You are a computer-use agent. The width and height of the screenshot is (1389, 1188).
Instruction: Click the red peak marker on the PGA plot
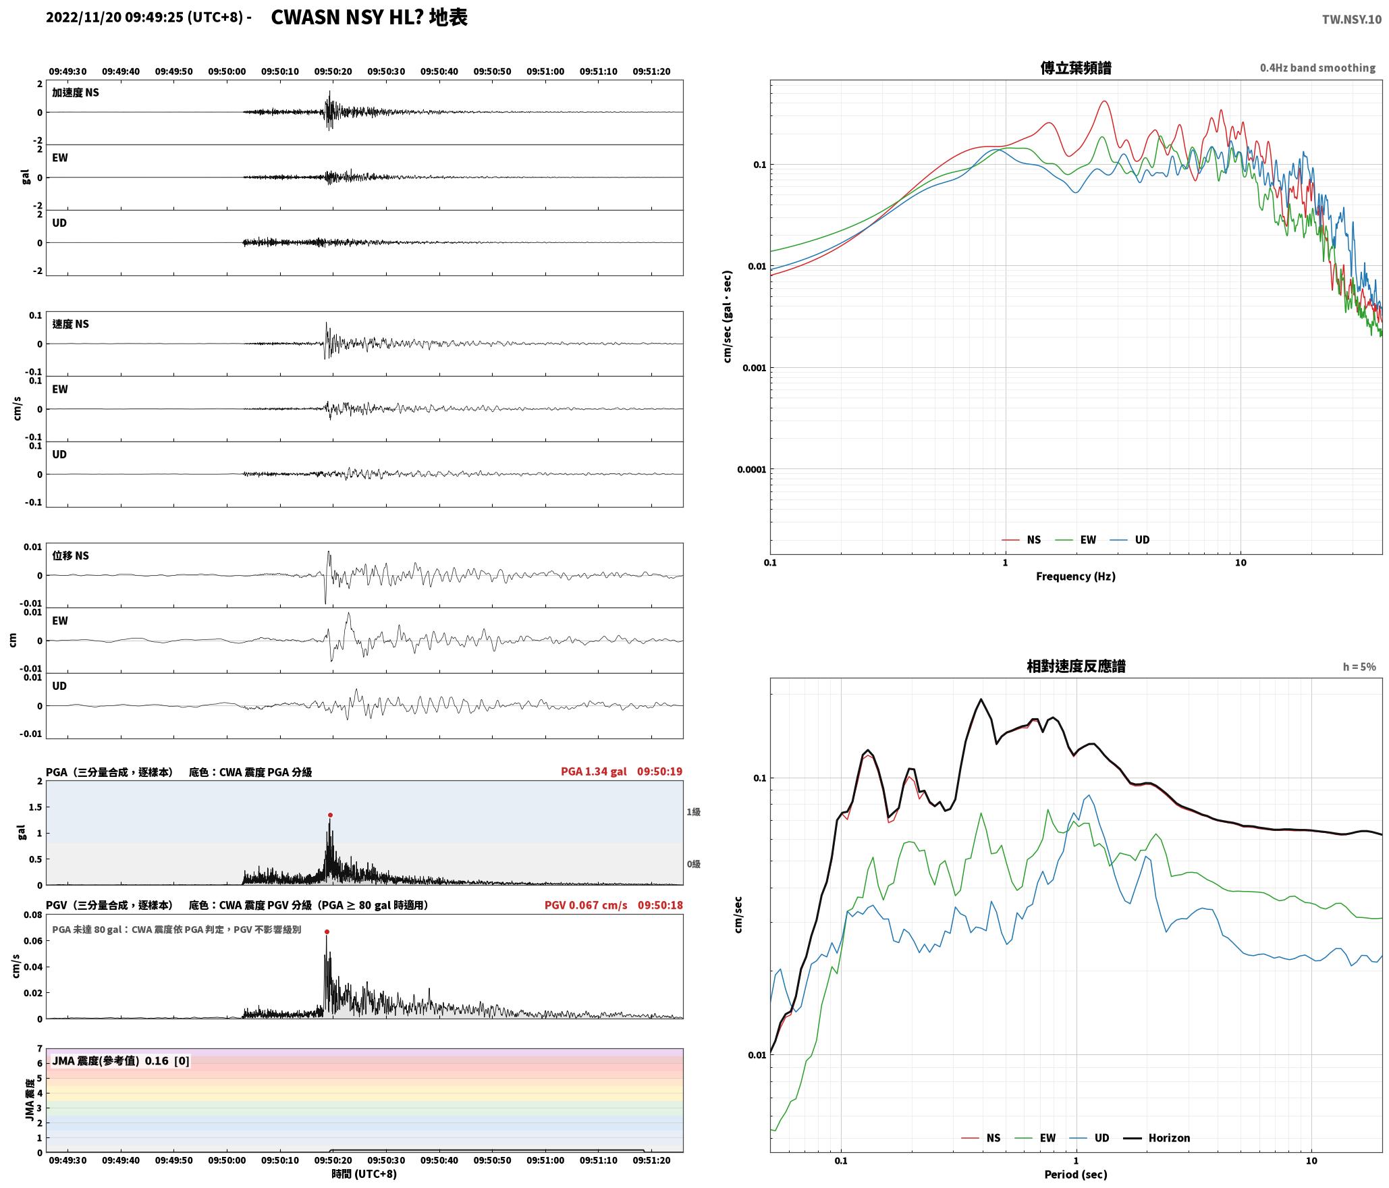(x=330, y=815)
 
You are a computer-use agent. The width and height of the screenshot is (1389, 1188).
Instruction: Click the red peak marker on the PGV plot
(x=327, y=932)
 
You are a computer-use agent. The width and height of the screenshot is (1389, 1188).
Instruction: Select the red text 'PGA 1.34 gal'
(x=594, y=772)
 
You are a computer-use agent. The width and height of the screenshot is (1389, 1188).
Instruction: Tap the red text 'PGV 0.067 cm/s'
(x=586, y=905)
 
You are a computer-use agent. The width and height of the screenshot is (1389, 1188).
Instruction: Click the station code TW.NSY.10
(x=1351, y=20)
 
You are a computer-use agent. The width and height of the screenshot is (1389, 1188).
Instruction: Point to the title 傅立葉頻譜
(x=1076, y=68)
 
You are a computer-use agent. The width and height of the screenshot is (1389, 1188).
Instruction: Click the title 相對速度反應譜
(x=1076, y=666)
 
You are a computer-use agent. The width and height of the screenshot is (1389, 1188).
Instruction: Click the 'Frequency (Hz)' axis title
(x=1076, y=576)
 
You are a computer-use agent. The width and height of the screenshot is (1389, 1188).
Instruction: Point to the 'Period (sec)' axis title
(x=1076, y=1174)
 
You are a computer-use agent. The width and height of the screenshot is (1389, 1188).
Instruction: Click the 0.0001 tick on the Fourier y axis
(x=752, y=470)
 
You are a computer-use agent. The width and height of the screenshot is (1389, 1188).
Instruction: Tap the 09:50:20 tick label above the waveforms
(x=333, y=72)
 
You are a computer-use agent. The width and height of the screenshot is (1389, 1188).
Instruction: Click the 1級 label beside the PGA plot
(x=693, y=812)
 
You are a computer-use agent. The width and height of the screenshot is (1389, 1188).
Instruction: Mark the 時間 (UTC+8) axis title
(x=364, y=1174)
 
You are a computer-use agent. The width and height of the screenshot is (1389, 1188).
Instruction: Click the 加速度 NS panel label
(x=76, y=93)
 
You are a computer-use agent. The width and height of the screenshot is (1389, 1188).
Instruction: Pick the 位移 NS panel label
(x=71, y=556)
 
